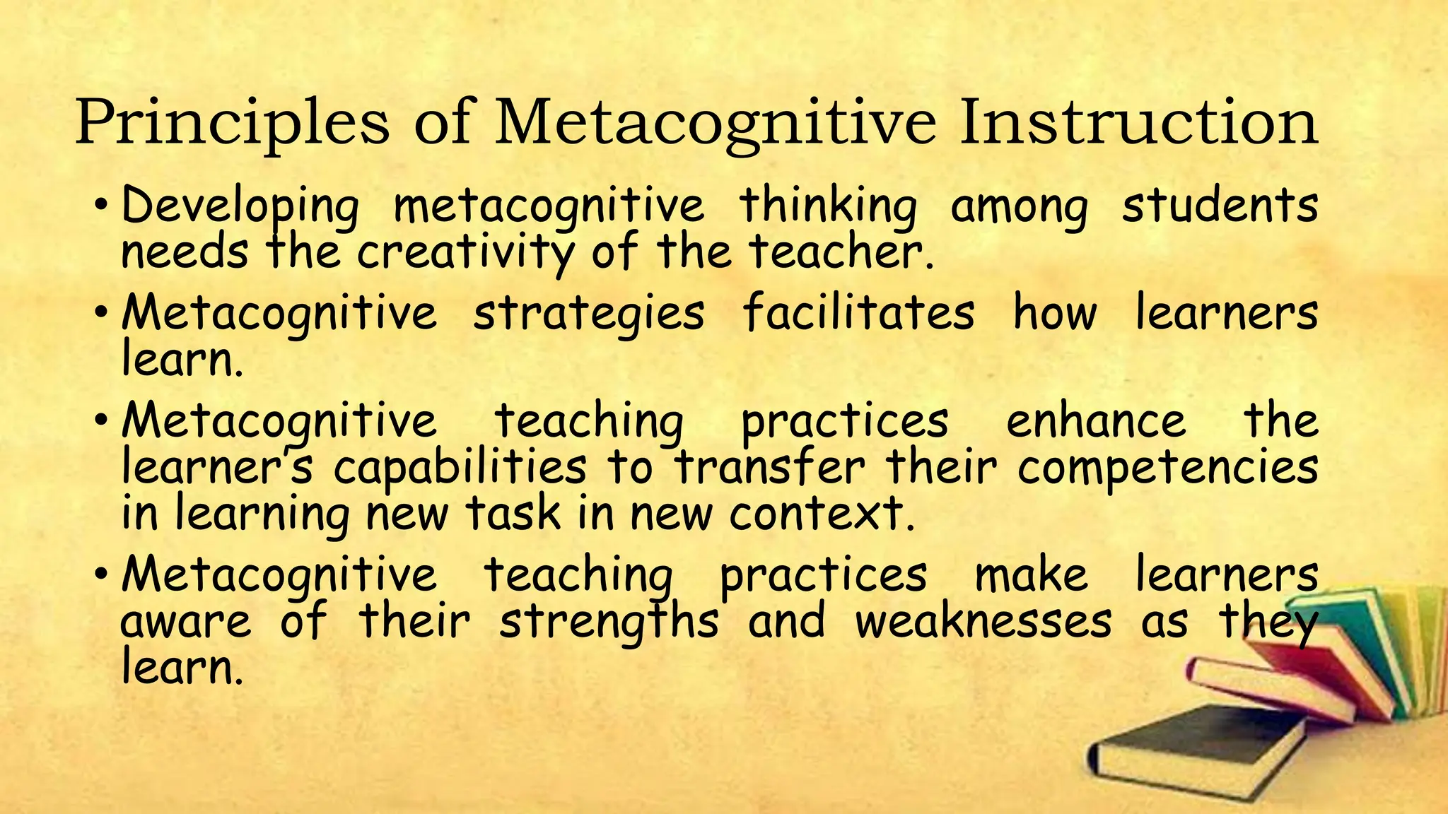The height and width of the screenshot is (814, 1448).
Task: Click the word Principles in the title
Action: (x=232, y=124)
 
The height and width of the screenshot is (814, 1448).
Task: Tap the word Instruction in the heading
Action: (x=1138, y=124)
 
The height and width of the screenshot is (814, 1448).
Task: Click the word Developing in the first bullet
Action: (x=240, y=206)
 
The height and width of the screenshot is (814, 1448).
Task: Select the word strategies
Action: (x=588, y=313)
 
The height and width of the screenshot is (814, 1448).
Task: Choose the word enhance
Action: (x=1096, y=421)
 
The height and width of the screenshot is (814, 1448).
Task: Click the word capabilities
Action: (x=460, y=468)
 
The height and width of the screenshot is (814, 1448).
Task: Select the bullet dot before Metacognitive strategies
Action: (x=101, y=313)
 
